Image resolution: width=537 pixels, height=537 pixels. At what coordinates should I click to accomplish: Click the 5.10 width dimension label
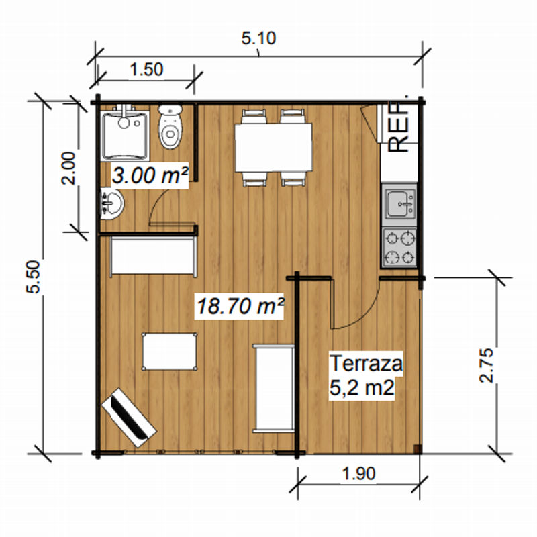coord(258,38)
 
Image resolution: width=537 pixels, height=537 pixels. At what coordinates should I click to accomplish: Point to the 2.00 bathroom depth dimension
coord(68,167)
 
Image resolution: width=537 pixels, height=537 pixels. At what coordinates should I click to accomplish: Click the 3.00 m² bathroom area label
coord(148,176)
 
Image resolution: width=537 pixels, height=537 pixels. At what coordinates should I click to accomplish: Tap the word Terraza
coord(365,363)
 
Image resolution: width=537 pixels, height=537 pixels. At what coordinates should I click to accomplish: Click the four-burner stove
coord(399,246)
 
